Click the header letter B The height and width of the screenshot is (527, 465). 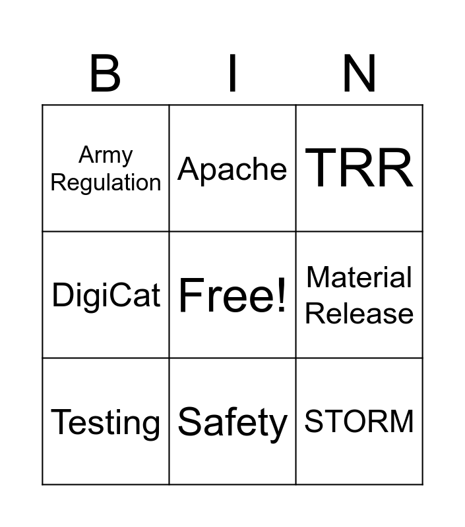coord(105,73)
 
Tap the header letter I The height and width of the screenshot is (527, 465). coord(232,73)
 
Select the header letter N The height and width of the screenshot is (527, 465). coord(359,73)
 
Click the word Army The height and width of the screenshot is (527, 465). coord(106,155)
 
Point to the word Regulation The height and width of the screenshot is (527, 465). coord(106,183)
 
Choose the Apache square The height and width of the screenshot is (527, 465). coord(232,168)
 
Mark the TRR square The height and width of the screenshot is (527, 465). coord(359,168)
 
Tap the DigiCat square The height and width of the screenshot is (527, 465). coord(106,294)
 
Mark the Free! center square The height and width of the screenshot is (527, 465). coord(232,294)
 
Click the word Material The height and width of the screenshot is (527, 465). coord(359,277)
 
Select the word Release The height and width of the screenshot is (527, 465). coord(359,314)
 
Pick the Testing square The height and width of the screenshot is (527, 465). coord(106,422)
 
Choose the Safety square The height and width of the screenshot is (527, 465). coord(232,422)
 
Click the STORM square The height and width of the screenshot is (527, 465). coord(359,422)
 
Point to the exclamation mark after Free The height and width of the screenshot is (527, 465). coord(281,294)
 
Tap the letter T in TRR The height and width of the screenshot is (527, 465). coord(321,167)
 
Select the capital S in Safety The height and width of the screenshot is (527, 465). coord(191,421)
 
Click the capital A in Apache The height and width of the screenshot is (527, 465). coord(189,169)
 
